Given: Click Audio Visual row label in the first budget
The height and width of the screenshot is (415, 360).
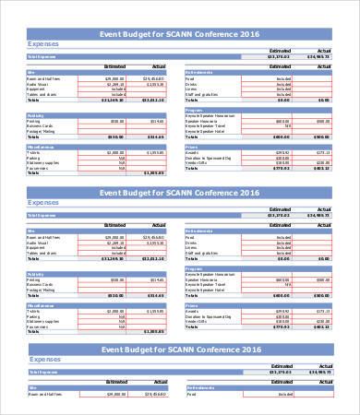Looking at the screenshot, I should (x=40, y=85).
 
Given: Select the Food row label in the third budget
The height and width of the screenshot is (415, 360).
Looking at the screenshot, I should (x=192, y=395).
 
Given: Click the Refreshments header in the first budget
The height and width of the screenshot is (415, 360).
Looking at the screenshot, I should (x=200, y=73).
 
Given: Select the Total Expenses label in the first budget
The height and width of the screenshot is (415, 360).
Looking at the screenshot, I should (x=43, y=56).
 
